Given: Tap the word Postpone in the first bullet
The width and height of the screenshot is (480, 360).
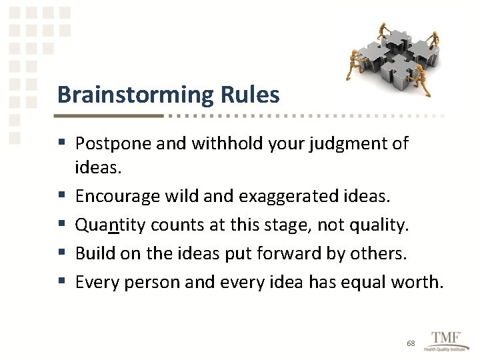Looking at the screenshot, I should (110, 143).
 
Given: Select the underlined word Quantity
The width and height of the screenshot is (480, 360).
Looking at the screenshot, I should (111, 225).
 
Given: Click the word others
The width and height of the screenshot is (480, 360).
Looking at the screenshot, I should (381, 253).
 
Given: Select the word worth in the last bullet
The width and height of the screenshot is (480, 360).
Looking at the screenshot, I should (420, 282).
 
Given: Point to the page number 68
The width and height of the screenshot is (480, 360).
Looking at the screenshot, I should (411, 343).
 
